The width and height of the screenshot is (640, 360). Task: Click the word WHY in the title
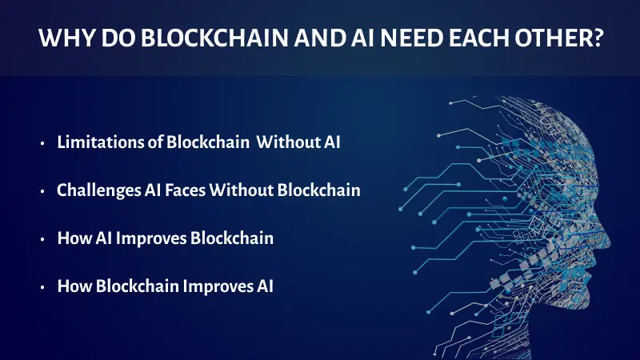[65, 38]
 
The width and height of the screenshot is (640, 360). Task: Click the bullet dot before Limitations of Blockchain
[43, 145]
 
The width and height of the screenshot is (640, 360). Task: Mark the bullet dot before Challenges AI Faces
[43, 192]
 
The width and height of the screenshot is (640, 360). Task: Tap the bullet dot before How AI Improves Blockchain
[43, 239]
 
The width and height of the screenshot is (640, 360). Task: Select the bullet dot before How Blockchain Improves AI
[43, 286]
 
